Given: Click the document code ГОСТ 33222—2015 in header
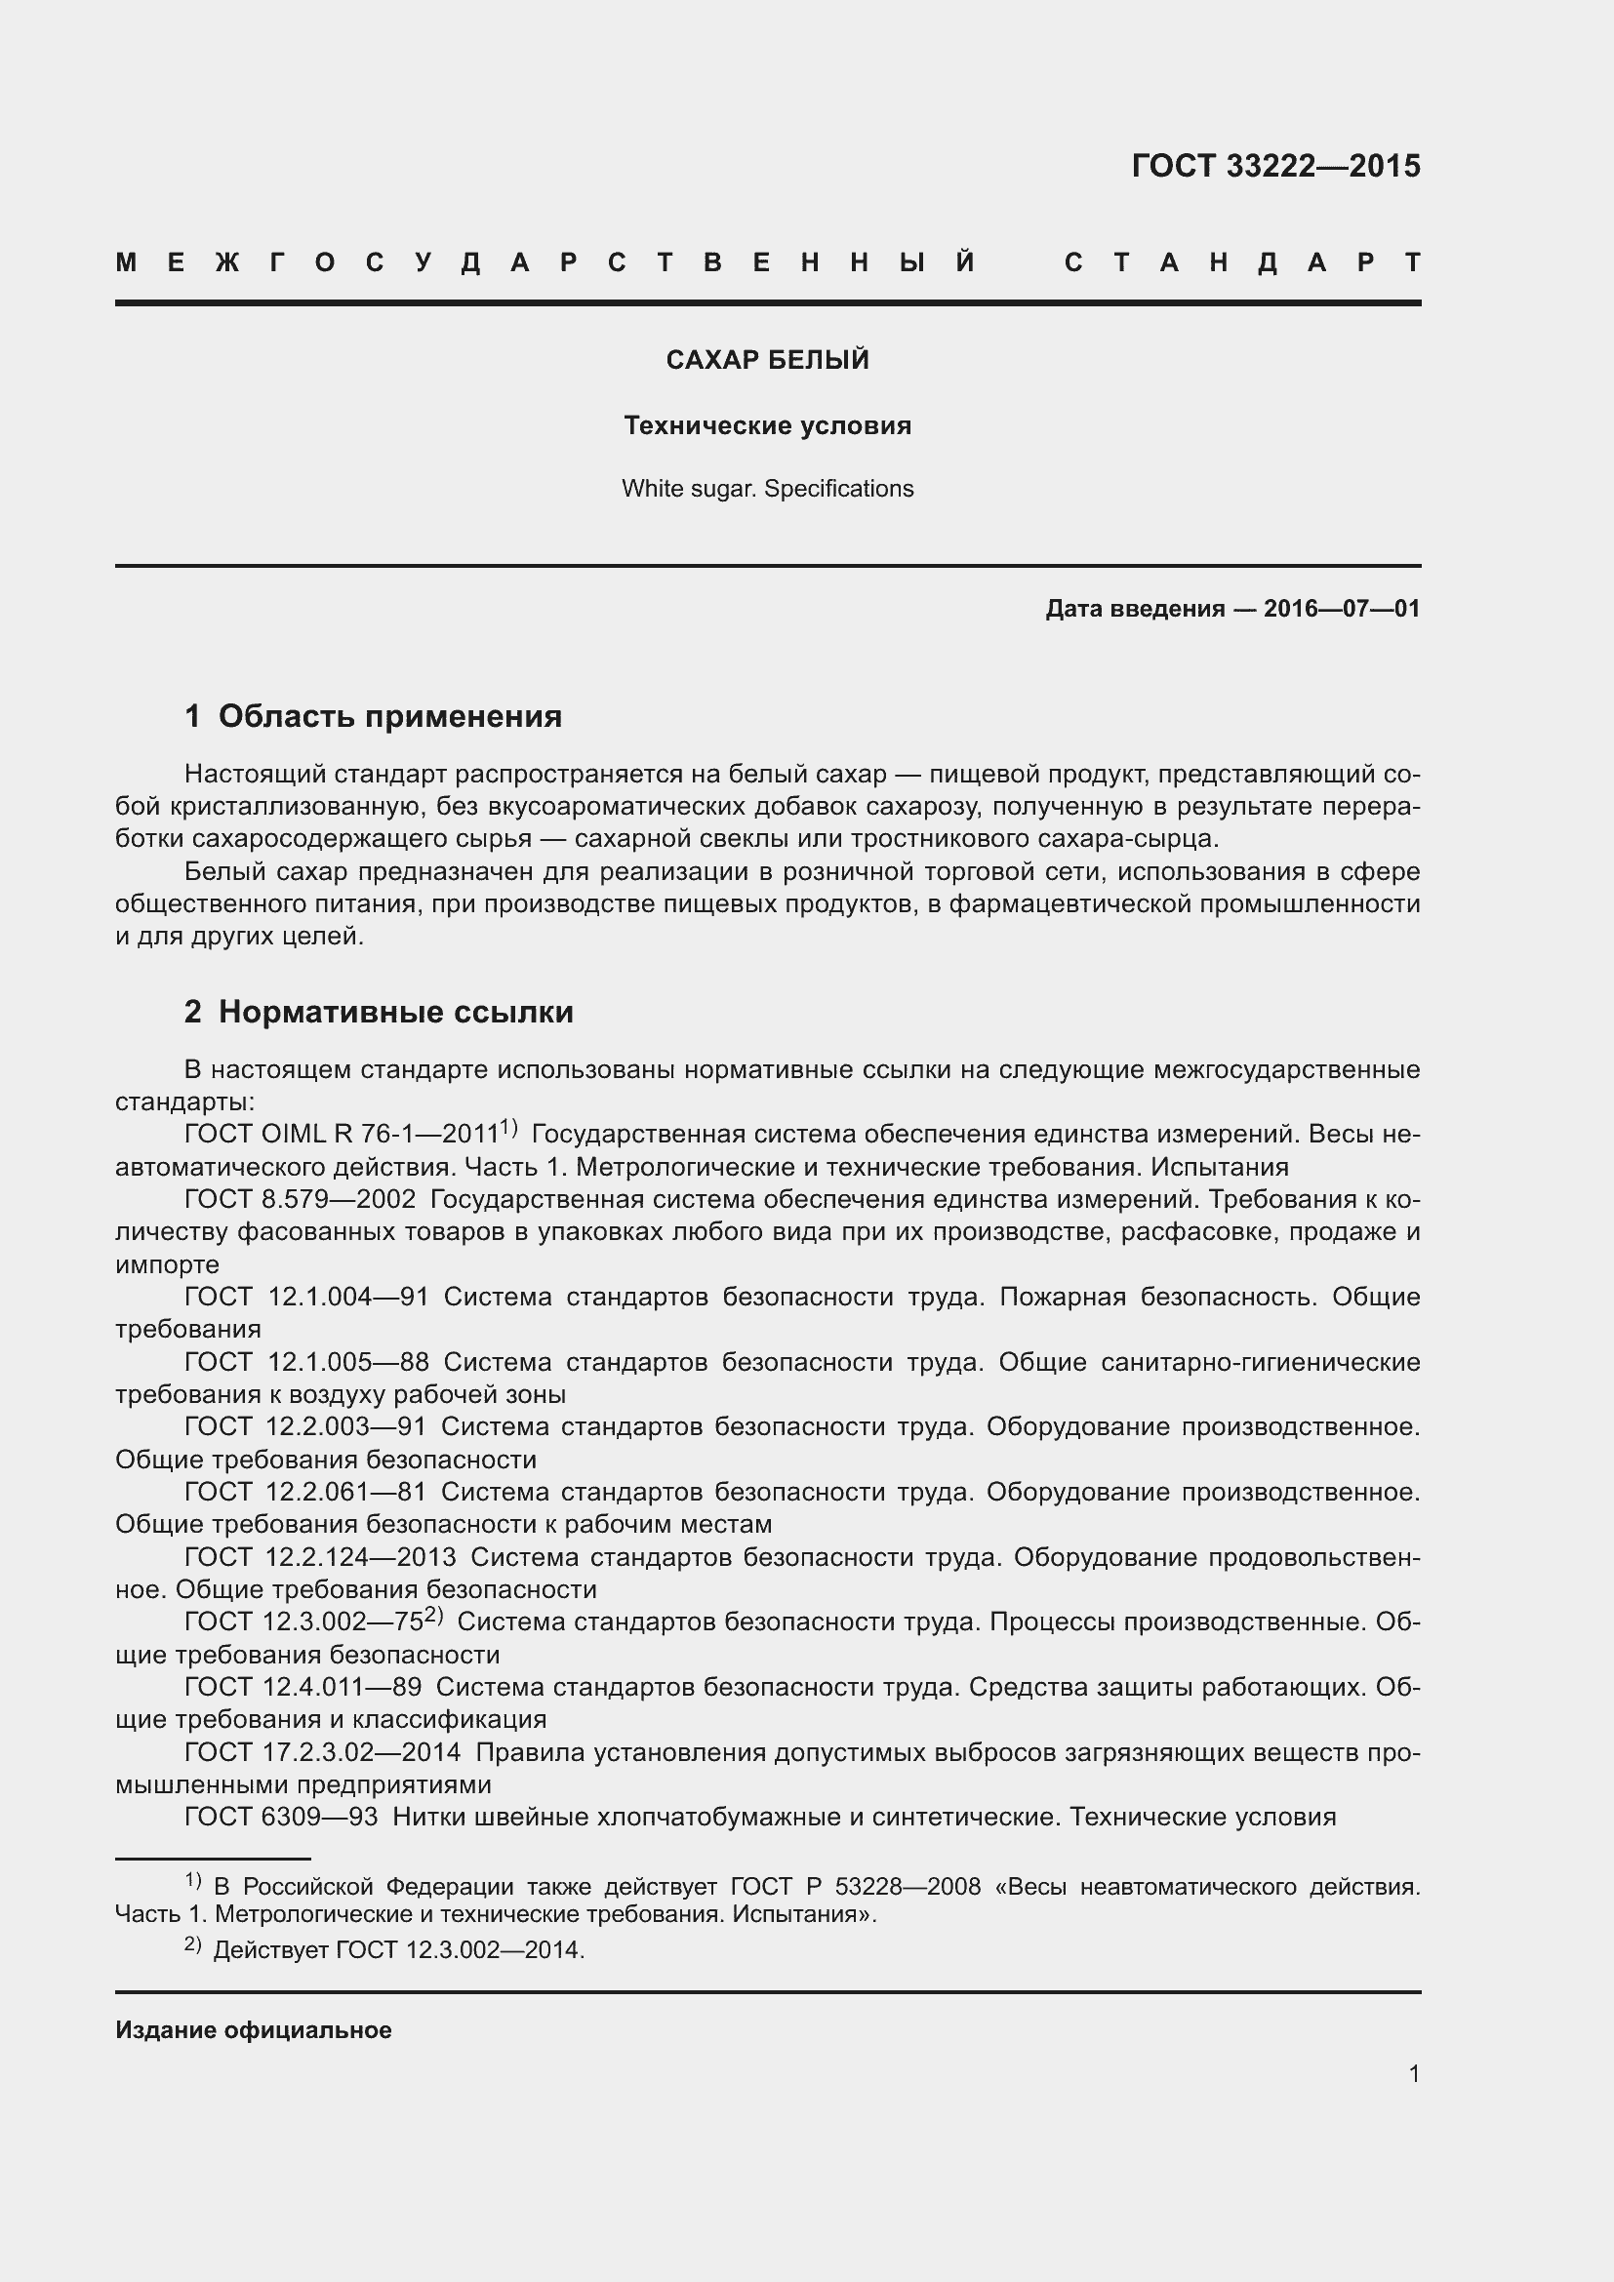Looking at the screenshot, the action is pos(1275,166).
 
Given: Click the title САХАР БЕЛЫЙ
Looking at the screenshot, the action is pos(767,360).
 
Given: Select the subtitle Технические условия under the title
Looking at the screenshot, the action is pos(767,425).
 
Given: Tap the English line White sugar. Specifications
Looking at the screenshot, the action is pos(767,489).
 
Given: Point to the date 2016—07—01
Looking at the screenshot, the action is pos(1342,608).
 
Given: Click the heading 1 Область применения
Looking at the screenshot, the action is pos(373,715).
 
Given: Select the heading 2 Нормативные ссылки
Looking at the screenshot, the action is pos(379,1012).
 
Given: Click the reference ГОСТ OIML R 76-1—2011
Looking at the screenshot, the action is pos(341,1134).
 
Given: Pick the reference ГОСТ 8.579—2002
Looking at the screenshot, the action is pos(301,1200).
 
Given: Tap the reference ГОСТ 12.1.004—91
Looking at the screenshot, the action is pos(306,1297).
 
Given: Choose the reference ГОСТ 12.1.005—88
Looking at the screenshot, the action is pos(306,1362).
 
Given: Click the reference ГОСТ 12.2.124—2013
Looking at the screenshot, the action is pos(320,1556).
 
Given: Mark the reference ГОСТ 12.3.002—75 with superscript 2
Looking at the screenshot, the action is pos(304,1622).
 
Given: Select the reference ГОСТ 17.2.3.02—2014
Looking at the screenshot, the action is pos(322,1752).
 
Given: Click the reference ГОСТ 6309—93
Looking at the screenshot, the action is pos(280,1817).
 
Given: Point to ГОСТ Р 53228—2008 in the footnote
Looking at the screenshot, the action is pos(855,1887).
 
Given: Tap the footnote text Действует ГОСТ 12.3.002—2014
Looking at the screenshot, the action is pos(398,1950).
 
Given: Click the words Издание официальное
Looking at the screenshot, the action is pos(254,2029).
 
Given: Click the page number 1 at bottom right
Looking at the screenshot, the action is pos(1413,2073).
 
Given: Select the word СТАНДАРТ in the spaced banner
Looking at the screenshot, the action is pos(1242,263).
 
